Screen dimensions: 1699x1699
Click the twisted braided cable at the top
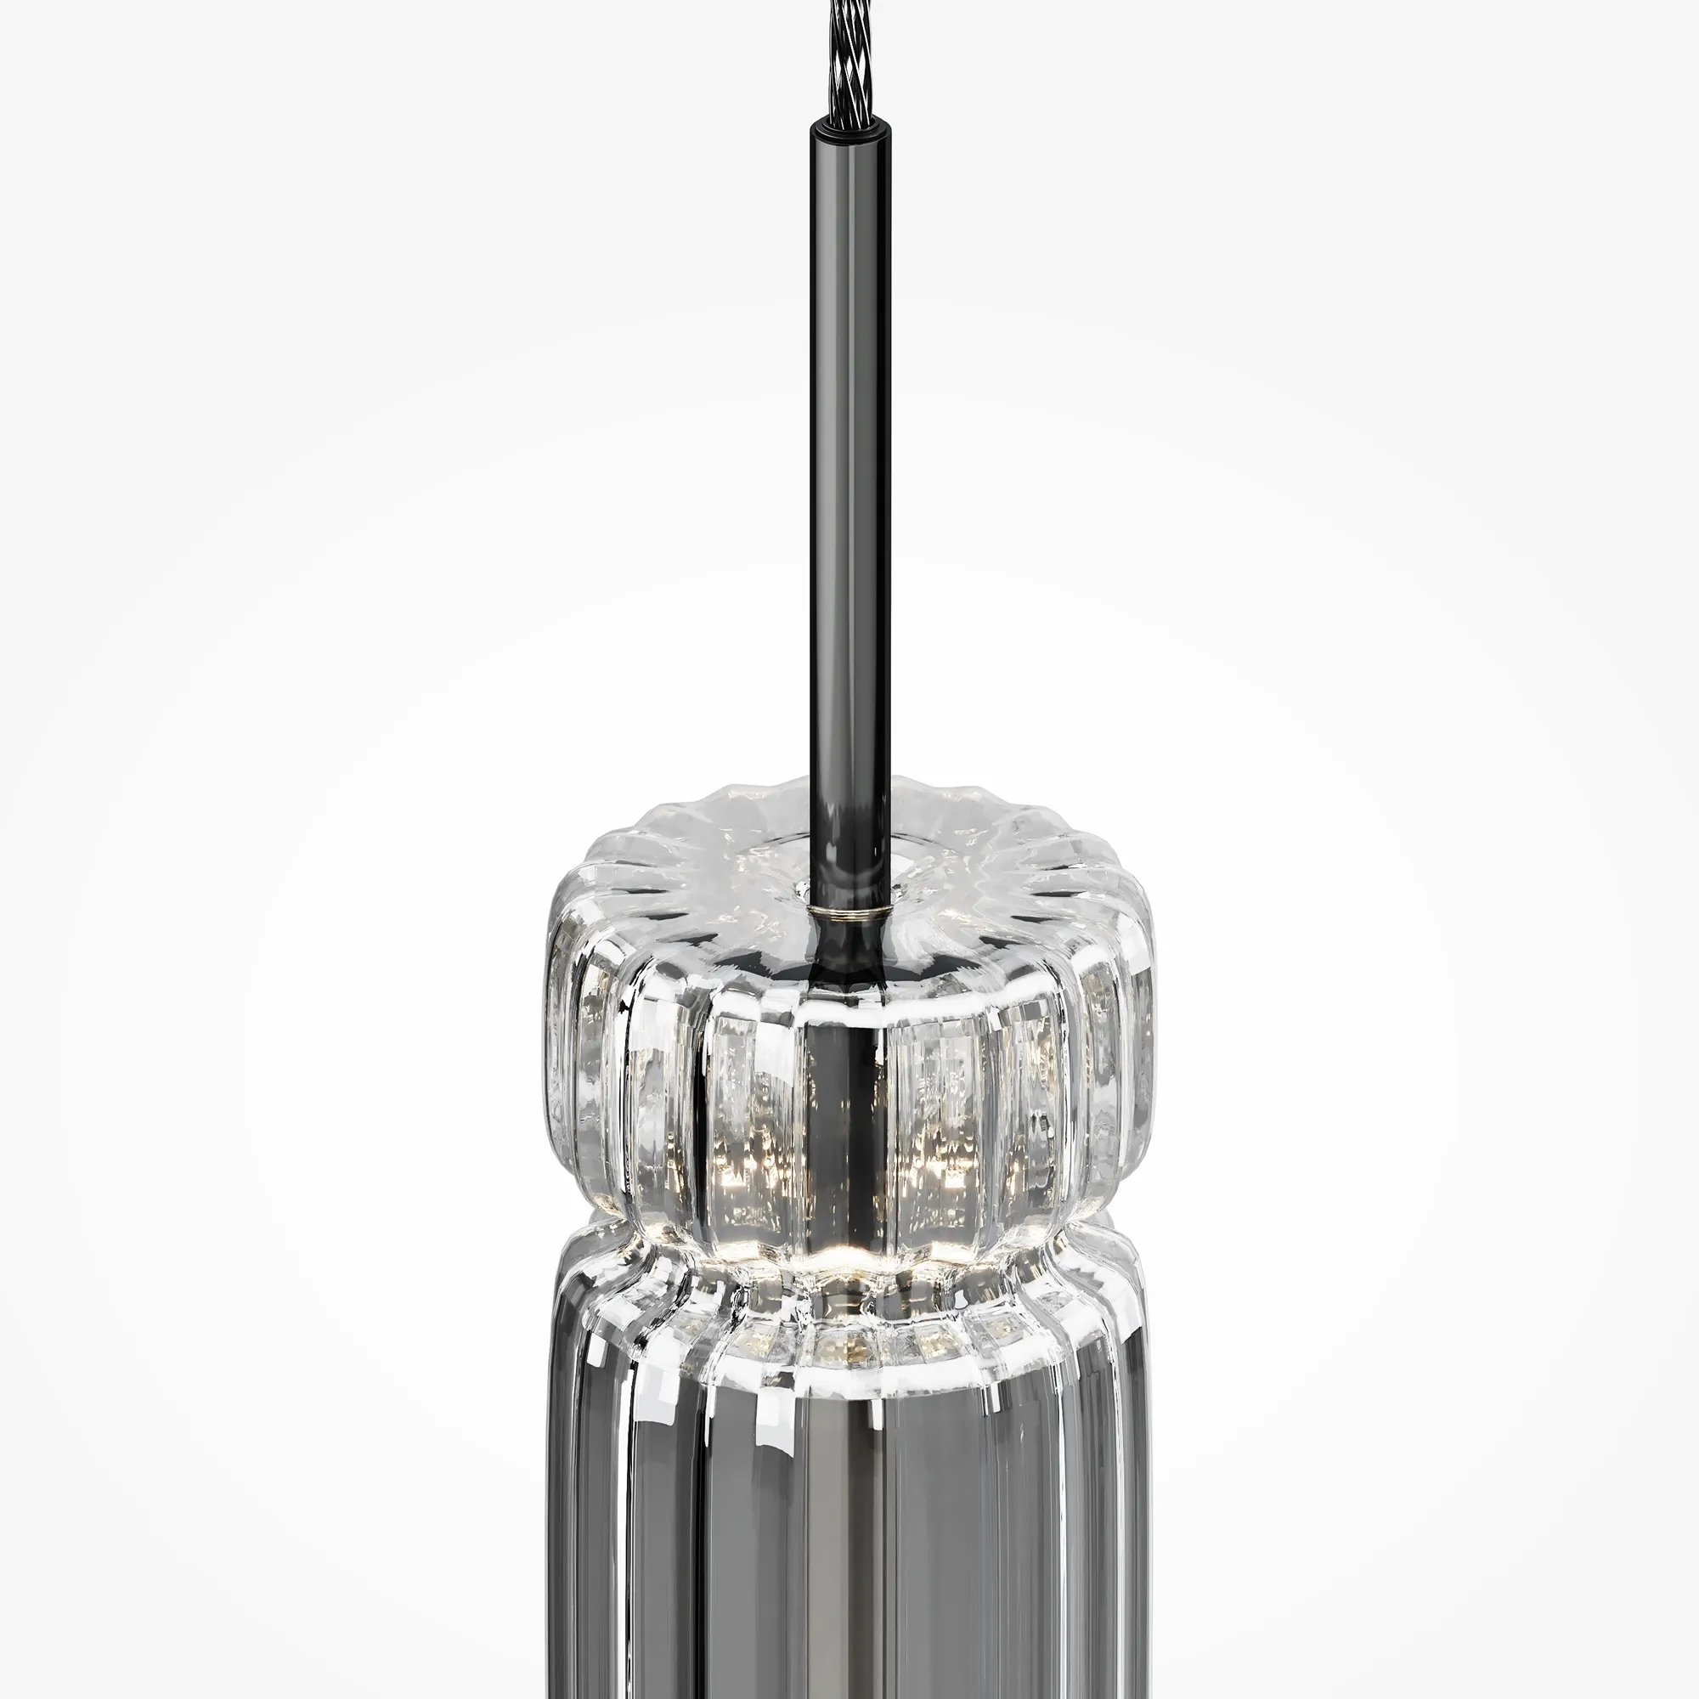846,53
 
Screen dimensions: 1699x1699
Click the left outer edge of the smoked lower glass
559,1539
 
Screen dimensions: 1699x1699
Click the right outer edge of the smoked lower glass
1143,1539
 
